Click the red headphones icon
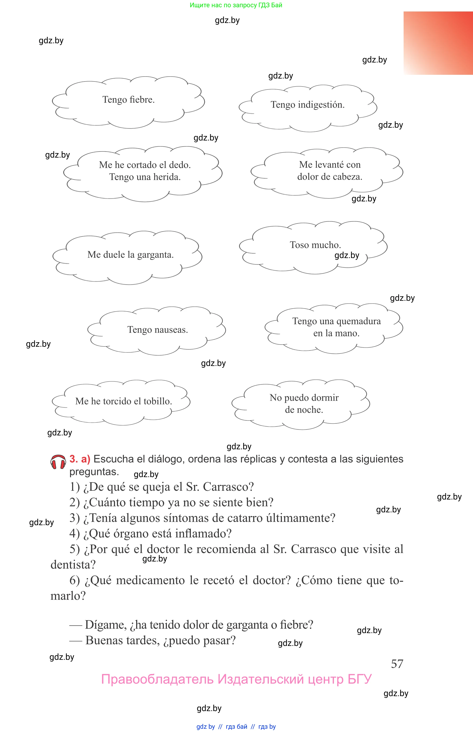[58, 462]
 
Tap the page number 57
[397, 664]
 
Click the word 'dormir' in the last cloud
[325, 398]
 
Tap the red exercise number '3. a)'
[80, 459]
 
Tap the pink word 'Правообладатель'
[157, 679]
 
